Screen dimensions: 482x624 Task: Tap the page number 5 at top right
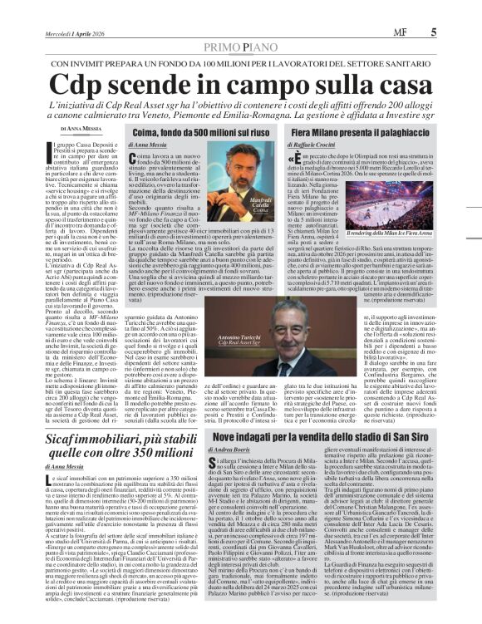[434, 33]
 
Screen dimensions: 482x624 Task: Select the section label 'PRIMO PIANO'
[241, 47]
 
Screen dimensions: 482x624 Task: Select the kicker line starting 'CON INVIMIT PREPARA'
[242, 64]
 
